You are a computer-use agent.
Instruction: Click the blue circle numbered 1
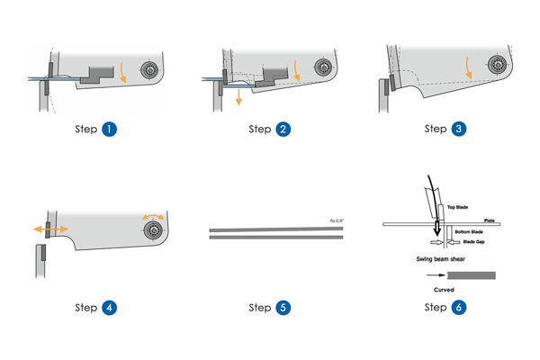coord(110,129)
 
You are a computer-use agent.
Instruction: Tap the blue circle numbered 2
coord(283,129)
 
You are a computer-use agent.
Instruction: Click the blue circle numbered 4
coord(110,307)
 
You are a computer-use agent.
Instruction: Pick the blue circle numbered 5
coord(283,307)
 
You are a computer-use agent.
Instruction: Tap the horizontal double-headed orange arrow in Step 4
coord(46,230)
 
